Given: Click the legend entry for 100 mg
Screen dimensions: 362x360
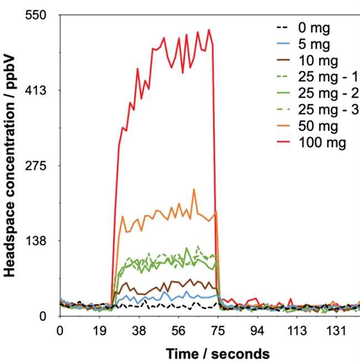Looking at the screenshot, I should tap(322, 143).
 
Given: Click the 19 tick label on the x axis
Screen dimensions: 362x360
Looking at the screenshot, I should tap(100, 330).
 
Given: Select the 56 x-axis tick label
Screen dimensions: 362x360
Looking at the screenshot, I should tap(179, 330).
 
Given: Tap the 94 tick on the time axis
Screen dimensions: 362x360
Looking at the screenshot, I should tap(259, 330).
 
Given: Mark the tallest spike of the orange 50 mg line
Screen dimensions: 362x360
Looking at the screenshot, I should tap(194, 189).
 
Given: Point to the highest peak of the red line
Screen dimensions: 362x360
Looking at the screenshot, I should tap(209, 30).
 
